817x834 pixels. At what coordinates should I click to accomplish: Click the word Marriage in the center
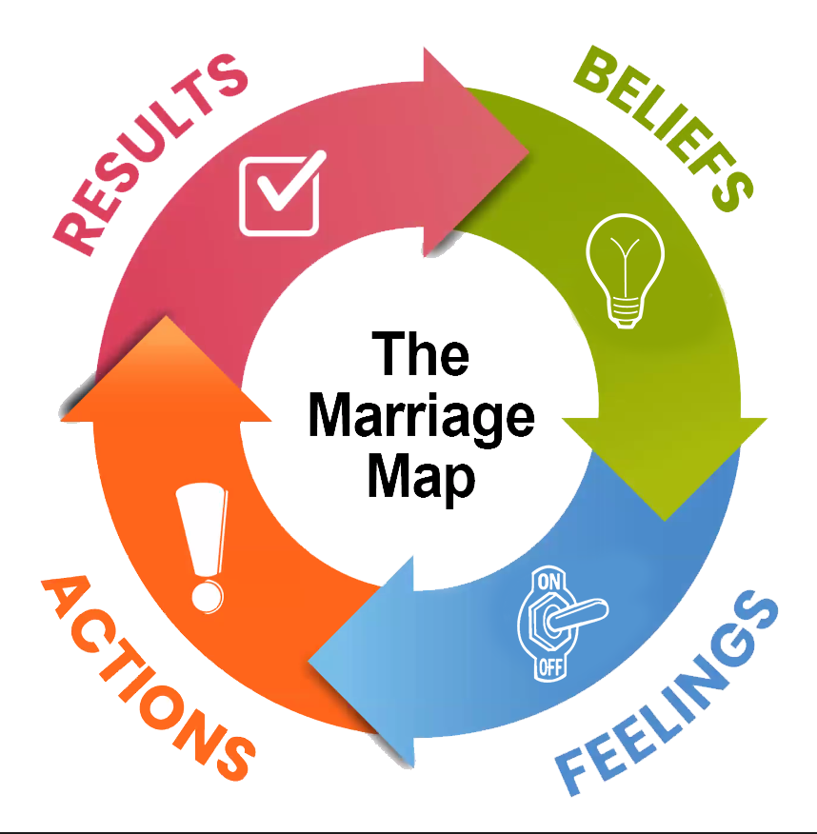click(420, 419)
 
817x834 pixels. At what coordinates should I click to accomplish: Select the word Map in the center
click(420, 476)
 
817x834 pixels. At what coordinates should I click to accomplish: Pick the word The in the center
click(420, 354)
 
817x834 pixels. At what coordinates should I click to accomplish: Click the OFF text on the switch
click(550, 665)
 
